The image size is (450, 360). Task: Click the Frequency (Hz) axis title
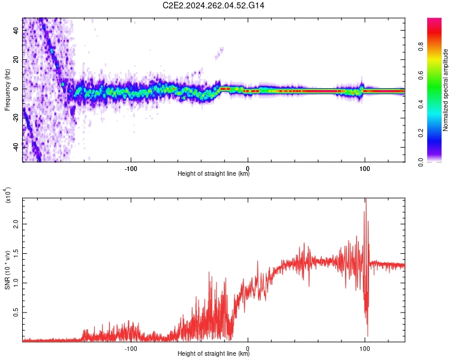[x=7, y=89]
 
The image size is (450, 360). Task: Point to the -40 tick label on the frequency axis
[x=16, y=146]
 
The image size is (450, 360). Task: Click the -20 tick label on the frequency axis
[x=16, y=118]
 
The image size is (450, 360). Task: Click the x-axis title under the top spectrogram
[x=214, y=174]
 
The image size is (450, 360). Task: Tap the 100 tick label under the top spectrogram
[x=364, y=167]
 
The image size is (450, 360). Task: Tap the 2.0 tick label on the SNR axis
[x=16, y=223]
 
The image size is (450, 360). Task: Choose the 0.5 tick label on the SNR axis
[x=16, y=313]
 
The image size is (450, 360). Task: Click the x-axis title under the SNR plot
[x=214, y=354]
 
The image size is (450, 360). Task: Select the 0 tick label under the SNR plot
[x=248, y=347]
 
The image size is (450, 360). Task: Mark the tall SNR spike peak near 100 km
[x=365, y=200]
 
